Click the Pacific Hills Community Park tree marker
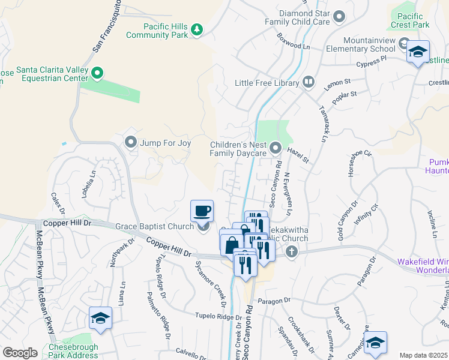(x=196, y=29)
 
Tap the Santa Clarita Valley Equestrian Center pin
(x=98, y=73)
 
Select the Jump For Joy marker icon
(x=131, y=142)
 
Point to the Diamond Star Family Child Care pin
(x=339, y=17)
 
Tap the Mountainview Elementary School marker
(x=418, y=52)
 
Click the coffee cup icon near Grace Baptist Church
(x=202, y=211)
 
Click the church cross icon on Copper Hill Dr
(x=292, y=251)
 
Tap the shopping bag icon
(x=232, y=245)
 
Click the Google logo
(x=20, y=353)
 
